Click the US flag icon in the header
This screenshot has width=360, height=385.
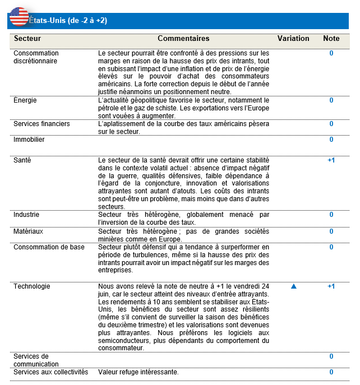click(x=19, y=17)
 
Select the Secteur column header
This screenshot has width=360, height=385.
click(x=27, y=39)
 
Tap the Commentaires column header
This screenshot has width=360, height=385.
click(x=183, y=39)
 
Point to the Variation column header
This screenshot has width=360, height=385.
click(x=293, y=39)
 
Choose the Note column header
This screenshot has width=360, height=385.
click(x=331, y=39)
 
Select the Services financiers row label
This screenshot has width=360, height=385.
click(x=41, y=124)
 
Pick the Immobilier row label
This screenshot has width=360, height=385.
click(x=29, y=140)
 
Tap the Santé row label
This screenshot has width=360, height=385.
click(x=22, y=160)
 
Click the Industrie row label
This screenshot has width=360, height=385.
click(x=26, y=215)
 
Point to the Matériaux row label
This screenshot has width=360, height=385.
click(x=28, y=231)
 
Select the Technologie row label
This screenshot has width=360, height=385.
click(x=31, y=286)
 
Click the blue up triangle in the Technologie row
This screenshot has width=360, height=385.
click(x=293, y=286)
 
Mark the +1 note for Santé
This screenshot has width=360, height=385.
click(x=331, y=160)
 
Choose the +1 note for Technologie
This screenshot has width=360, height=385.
click(x=331, y=286)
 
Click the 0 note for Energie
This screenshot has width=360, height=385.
click(x=331, y=100)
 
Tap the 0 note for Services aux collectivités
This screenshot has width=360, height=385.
click(x=331, y=372)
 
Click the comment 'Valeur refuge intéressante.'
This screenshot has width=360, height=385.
click(x=138, y=372)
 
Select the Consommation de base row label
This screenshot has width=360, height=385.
click(x=49, y=247)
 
